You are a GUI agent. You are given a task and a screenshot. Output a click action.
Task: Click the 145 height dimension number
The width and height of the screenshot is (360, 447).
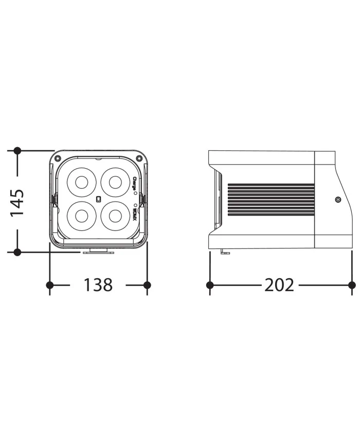click(17, 202)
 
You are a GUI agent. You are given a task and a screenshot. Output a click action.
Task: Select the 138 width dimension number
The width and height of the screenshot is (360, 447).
click(98, 284)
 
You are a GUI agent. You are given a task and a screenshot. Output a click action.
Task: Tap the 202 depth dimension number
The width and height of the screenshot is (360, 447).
click(279, 284)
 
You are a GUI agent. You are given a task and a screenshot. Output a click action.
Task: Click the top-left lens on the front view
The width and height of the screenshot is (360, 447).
click(81, 182)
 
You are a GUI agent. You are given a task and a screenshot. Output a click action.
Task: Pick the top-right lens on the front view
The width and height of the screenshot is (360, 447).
click(114, 182)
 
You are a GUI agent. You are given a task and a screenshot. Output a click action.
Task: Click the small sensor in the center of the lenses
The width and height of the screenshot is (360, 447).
click(98, 199)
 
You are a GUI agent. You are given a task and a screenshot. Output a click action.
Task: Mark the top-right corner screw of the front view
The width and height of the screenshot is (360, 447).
click(137, 158)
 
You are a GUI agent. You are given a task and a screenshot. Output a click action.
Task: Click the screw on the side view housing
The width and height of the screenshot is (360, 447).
click(337, 200)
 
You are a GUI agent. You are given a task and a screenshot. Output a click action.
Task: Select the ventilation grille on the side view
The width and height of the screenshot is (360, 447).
click(270, 200)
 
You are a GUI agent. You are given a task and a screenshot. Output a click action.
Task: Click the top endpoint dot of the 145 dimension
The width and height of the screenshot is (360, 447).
click(17, 151)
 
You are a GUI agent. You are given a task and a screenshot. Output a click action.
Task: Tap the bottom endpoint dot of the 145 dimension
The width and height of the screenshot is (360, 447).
click(17, 252)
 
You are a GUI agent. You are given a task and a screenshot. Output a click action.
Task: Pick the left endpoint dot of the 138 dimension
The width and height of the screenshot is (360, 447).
click(50, 284)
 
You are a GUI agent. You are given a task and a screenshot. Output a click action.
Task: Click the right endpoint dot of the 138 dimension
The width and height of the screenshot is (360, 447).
click(147, 284)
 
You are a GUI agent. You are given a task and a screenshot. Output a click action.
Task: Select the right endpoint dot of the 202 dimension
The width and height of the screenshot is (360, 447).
click(352, 284)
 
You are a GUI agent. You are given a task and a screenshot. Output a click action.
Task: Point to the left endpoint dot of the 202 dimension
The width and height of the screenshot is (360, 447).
click(210, 284)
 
